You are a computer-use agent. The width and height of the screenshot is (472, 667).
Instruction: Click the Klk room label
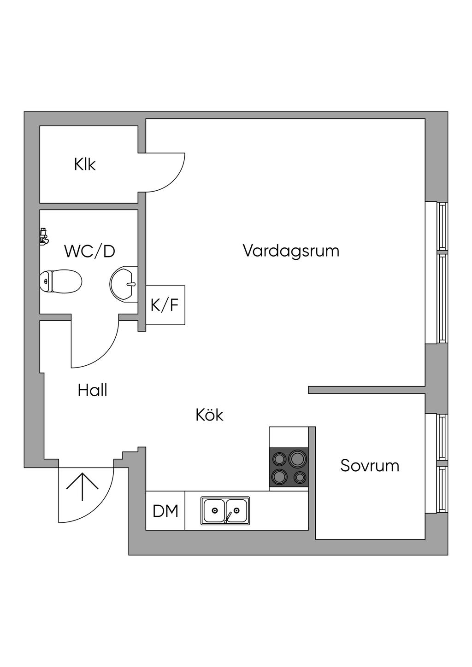(85, 164)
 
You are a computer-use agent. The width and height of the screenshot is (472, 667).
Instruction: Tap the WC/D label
(89, 252)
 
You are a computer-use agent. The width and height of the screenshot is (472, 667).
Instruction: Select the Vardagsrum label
(291, 251)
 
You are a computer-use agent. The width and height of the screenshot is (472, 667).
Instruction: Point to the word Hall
(93, 391)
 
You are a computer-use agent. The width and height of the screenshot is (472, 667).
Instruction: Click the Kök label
(209, 415)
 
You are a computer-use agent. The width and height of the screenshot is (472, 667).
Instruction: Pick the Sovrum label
(370, 466)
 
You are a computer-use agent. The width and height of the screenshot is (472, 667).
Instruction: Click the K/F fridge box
(165, 305)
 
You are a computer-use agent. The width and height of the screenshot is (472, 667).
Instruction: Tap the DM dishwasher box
(165, 510)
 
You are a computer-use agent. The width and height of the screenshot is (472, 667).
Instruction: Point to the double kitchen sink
(225, 510)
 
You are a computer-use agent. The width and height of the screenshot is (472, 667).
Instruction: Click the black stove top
(289, 467)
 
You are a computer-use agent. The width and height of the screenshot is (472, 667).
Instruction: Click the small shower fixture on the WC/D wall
(43, 236)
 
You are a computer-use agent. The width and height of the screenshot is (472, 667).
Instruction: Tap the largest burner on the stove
(297, 458)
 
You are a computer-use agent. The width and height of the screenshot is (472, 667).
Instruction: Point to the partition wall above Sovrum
(366, 390)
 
